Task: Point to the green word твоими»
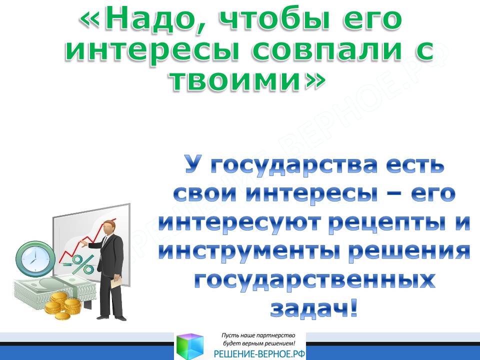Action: point(246,80)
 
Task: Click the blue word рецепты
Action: point(385,224)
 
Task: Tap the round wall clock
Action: point(35,258)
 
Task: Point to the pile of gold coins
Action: point(63,305)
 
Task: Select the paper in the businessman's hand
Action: point(116,281)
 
